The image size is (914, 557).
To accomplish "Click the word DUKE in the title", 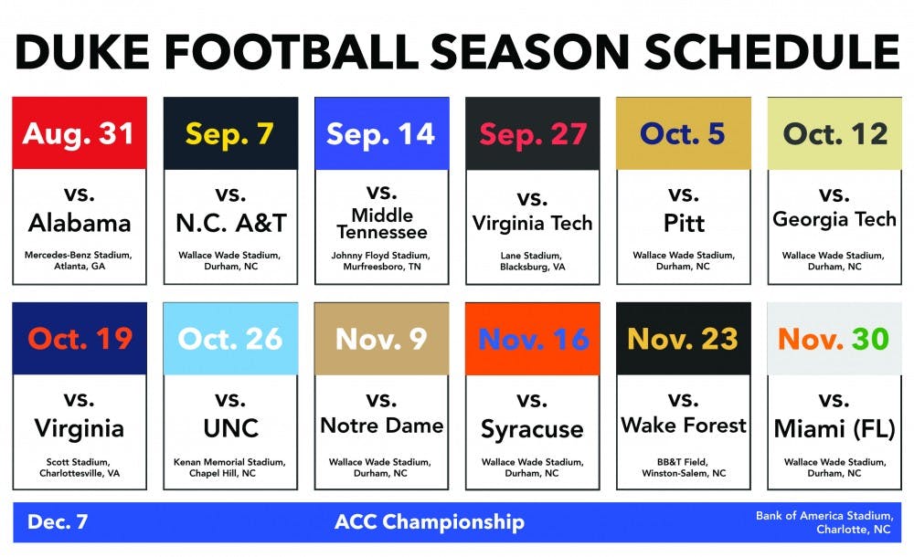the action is point(83,52).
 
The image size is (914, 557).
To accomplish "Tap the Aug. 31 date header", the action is point(79,134).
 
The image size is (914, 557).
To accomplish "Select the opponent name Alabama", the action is point(80,223).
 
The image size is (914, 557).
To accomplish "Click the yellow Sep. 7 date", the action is point(229,134).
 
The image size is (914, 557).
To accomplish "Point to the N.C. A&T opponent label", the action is point(231,223).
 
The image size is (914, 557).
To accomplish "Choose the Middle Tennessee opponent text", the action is point(382,224).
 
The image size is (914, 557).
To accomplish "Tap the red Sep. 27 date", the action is point(533,134).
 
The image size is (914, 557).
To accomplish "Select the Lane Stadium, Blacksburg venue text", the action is point(532,261).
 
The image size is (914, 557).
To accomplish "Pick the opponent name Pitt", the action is point(684,223).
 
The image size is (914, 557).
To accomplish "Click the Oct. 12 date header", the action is point(834,134).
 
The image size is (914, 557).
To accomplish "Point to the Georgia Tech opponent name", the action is point(834,220).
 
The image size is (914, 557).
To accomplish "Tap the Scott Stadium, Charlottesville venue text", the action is point(80,468).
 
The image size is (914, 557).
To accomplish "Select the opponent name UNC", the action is point(231,429).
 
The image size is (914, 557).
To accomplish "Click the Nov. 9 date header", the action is point(381,339).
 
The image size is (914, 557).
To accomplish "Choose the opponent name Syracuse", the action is point(532,430).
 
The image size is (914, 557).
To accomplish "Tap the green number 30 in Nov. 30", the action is point(870,339).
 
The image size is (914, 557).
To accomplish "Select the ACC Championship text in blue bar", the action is point(430,522).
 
